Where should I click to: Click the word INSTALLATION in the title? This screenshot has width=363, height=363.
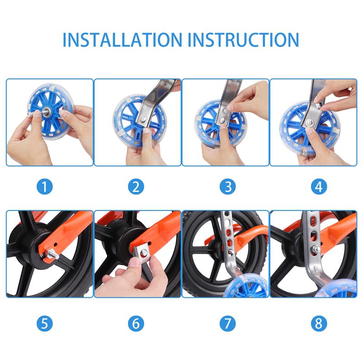[123, 39]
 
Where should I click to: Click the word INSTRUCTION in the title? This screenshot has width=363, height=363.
[243, 39]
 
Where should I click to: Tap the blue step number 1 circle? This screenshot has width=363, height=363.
[44, 186]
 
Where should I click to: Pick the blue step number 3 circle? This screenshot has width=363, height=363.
[228, 186]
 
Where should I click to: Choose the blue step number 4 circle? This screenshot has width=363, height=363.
[319, 186]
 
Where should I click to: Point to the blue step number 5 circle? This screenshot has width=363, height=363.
[44, 324]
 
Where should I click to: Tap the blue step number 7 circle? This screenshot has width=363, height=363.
[228, 324]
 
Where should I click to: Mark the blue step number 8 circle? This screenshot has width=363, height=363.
[319, 324]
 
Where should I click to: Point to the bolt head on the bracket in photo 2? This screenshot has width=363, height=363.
[143, 120]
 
